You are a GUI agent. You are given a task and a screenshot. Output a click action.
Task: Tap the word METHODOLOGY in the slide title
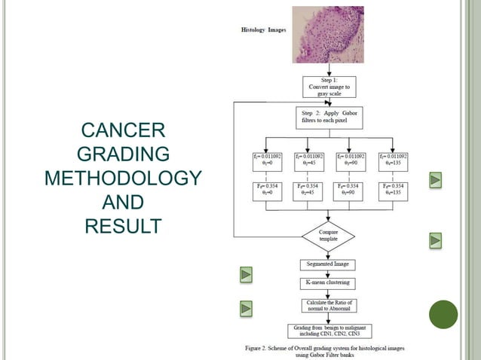[123, 179]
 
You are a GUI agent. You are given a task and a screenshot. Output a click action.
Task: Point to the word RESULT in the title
[123, 225]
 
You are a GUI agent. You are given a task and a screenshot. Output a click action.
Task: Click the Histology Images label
[263, 30]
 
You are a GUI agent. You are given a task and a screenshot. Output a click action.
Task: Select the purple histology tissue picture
[328, 35]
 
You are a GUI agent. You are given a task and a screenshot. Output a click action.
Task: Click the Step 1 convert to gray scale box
[328, 87]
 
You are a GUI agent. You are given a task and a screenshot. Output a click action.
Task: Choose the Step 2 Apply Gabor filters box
[328, 117]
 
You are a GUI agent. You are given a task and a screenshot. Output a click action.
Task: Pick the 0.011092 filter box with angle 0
[268, 161]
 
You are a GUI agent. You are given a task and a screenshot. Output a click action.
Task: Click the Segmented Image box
[328, 265]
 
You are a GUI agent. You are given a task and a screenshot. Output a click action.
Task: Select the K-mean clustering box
[328, 283]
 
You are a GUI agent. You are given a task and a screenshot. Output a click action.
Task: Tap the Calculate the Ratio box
[328, 305]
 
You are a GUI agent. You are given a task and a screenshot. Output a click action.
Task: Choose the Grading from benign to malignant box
[328, 331]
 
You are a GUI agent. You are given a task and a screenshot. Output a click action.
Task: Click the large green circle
[443, 314]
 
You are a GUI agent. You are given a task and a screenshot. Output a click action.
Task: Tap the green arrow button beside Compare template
[436, 240]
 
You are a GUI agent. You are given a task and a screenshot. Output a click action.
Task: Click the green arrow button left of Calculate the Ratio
[246, 308]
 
